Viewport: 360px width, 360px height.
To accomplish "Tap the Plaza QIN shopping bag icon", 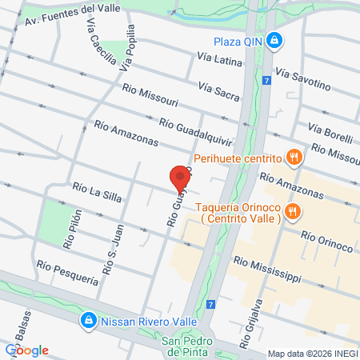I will (274, 40).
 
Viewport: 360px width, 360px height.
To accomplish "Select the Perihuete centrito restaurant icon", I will (294, 158).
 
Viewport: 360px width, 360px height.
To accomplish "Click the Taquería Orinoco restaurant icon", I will (294, 212).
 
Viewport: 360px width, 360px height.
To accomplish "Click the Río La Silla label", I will (96, 191).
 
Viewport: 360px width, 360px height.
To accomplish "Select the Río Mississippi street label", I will (267, 268).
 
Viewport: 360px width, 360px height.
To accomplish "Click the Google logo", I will (26, 350).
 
